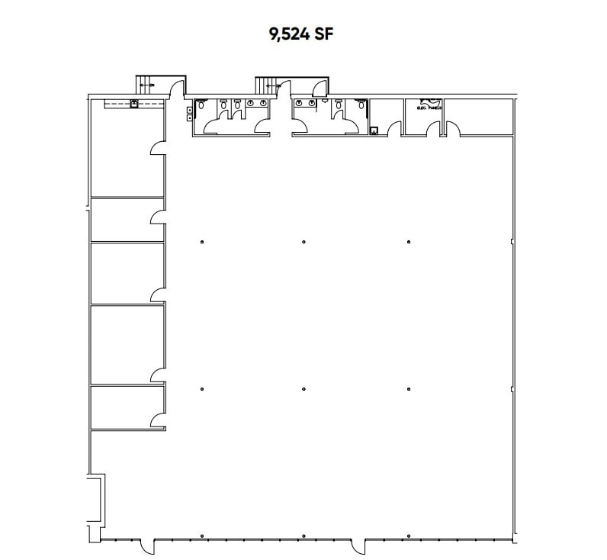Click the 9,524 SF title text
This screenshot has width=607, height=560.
coord(303,34)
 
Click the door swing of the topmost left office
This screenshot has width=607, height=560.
coord(158,146)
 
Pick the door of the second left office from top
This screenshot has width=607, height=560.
coord(158,217)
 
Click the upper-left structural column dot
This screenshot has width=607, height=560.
coord(202,242)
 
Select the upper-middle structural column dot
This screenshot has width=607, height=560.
coord(303,242)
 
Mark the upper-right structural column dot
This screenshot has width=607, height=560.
coord(409,242)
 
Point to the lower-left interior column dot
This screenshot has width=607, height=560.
coord(202,389)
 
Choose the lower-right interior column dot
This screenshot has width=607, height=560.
coord(409,389)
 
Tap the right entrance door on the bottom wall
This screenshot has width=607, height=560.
coord(358,547)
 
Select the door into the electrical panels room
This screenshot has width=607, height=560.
coord(434,130)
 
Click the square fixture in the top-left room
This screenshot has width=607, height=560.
coord(134,105)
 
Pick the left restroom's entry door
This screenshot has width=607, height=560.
coord(262,127)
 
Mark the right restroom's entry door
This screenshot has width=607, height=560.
coord(297,127)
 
